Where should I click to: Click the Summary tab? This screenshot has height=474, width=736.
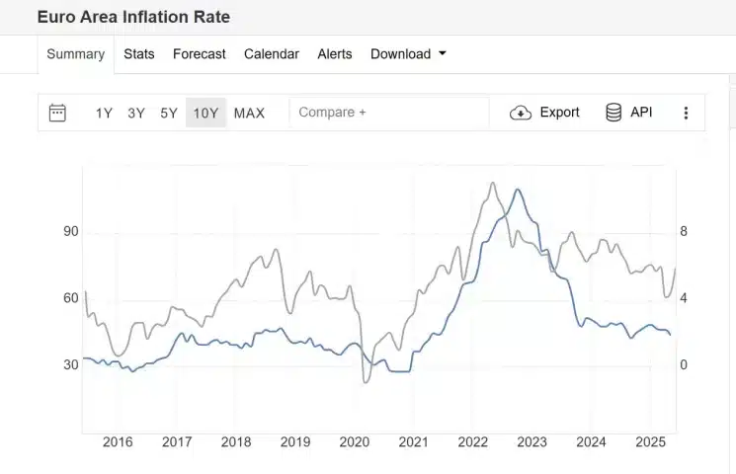pos(75,54)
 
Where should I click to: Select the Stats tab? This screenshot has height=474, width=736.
pos(139,54)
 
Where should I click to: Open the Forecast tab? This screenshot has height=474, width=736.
pos(200,54)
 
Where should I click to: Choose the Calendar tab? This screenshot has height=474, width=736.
pos(272,54)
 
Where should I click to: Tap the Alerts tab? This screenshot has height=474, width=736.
pos(335,54)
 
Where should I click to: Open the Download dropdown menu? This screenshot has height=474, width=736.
pos(408,54)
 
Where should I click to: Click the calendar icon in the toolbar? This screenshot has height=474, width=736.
pos(57,113)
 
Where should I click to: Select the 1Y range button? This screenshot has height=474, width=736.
pos(104,113)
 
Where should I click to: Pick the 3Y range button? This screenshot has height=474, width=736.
pos(136,113)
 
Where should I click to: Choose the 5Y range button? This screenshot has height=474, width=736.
pos(169,113)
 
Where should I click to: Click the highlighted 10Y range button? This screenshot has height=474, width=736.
pos(205,113)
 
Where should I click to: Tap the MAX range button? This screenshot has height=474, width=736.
pos(249,113)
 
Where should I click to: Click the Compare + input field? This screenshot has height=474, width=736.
pos(388,113)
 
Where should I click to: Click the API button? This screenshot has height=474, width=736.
pos(629,113)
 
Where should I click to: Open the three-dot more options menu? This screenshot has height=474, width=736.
pos(686,113)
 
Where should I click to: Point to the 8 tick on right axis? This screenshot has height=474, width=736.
pos(684,232)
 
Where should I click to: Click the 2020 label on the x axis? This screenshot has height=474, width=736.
pos(355,442)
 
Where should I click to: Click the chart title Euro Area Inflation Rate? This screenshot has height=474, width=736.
pos(133,18)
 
